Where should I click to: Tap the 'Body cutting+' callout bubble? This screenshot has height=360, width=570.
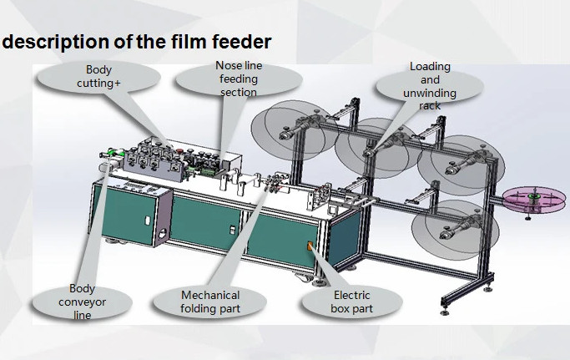(98, 78)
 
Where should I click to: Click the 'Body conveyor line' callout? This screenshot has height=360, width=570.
(82, 302)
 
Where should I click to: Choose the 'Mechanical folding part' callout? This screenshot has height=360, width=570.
(209, 302)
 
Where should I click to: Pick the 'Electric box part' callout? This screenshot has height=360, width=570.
(351, 302)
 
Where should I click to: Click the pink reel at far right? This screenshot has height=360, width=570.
(534, 200)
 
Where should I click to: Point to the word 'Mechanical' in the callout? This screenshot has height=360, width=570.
(210, 295)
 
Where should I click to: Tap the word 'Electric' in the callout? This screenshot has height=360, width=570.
(352, 295)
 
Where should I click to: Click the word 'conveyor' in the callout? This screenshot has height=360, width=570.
(82, 302)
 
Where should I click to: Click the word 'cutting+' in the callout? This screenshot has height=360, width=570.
(98, 84)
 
